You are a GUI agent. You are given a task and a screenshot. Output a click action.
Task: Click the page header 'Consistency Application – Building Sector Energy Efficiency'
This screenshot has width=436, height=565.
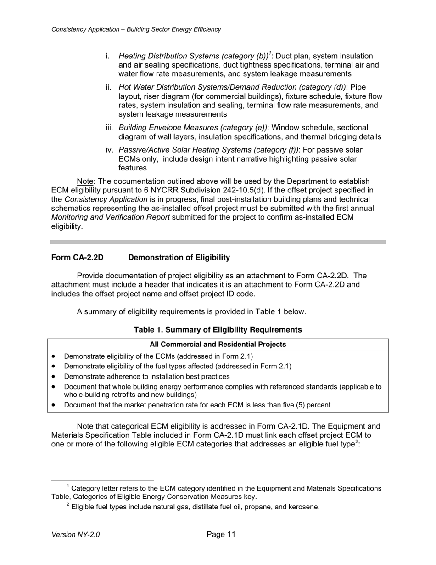click(136, 29)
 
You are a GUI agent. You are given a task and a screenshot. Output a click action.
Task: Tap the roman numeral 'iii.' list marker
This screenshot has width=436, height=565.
click(110, 128)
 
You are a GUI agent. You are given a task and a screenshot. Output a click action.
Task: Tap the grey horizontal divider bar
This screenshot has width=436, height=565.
click(218, 242)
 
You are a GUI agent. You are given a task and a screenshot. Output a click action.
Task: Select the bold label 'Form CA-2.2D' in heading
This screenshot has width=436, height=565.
click(77, 258)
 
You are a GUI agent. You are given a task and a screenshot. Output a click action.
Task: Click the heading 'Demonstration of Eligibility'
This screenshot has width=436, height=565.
click(179, 258)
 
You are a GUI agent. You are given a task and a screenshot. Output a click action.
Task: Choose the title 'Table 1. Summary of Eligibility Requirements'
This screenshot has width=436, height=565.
click(218, 330)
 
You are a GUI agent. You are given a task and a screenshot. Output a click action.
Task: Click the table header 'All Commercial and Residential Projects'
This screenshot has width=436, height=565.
click(218, 345)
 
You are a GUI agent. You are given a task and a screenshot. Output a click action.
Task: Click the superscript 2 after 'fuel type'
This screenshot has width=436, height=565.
click(357, 442)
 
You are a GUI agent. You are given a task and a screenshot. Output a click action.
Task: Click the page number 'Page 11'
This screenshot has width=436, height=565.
click(221, 534)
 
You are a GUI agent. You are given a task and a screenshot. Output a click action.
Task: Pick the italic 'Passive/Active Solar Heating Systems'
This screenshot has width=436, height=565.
click(180, 150)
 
